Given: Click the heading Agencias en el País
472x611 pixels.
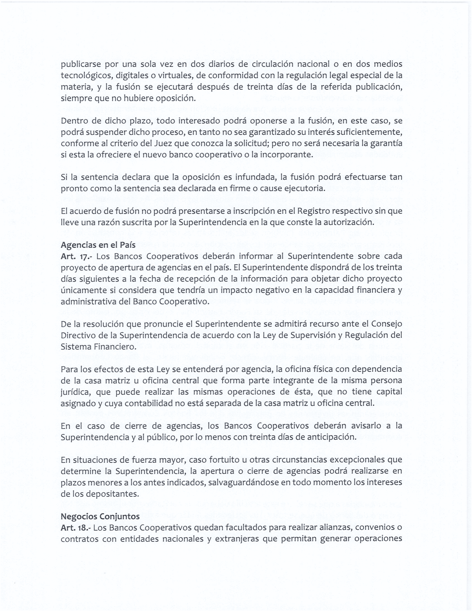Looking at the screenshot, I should pyautogui.click(x=98, y=245).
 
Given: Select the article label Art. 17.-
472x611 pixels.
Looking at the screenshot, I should pyautogui.click(x=76, y=256).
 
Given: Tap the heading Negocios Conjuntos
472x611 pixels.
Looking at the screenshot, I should pyautogui.click(x=100, y=516).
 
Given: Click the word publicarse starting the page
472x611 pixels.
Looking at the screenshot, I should pyautogui.click(x=81, y=64).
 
